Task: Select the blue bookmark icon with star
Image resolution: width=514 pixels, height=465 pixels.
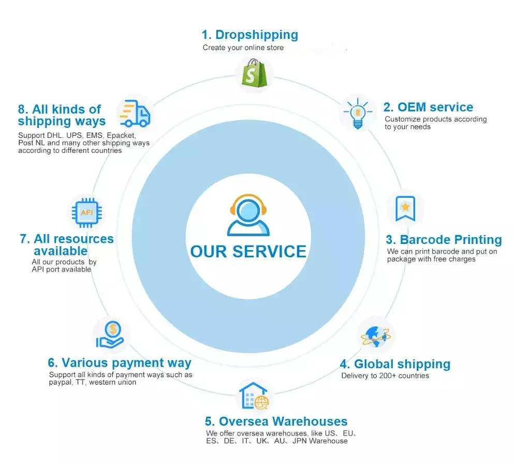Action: pyautogui.click(x=405, y=208)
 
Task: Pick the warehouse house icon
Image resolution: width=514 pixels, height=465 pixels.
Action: pyautogui.click(x=254, y=397)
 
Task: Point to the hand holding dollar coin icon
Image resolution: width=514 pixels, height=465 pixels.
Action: pyautogui.click(x=111, y=334)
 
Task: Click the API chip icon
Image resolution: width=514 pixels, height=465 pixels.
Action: pyautogui.click(x=86, y=212)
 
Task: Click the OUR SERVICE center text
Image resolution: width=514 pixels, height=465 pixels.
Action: pyautogui.click(x=248, y=252)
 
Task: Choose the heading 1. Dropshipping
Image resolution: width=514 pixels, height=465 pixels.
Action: pyautogui.click(x=249, y=35)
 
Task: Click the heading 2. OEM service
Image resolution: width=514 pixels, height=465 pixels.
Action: pyautogui.click(x=428, y=107)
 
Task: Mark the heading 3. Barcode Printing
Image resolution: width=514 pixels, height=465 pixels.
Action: pyautogui.click(x=444, y=240)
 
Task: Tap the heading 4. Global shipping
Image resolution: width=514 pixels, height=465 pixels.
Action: pyautogui.click(x=394, y=364)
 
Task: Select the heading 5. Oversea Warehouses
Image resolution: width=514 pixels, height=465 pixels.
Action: pyautogui.click(x=276, y=422)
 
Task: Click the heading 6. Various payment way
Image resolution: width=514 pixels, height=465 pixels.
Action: pyautogui.click(x=120, y=362)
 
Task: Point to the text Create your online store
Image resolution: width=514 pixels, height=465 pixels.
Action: pyautogui.click(x=243, y=48)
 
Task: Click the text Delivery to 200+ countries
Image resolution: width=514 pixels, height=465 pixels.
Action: pyautogui.click(x=385, y=375)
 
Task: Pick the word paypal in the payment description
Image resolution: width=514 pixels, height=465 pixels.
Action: pyautogui.click(x=60, y=382)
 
